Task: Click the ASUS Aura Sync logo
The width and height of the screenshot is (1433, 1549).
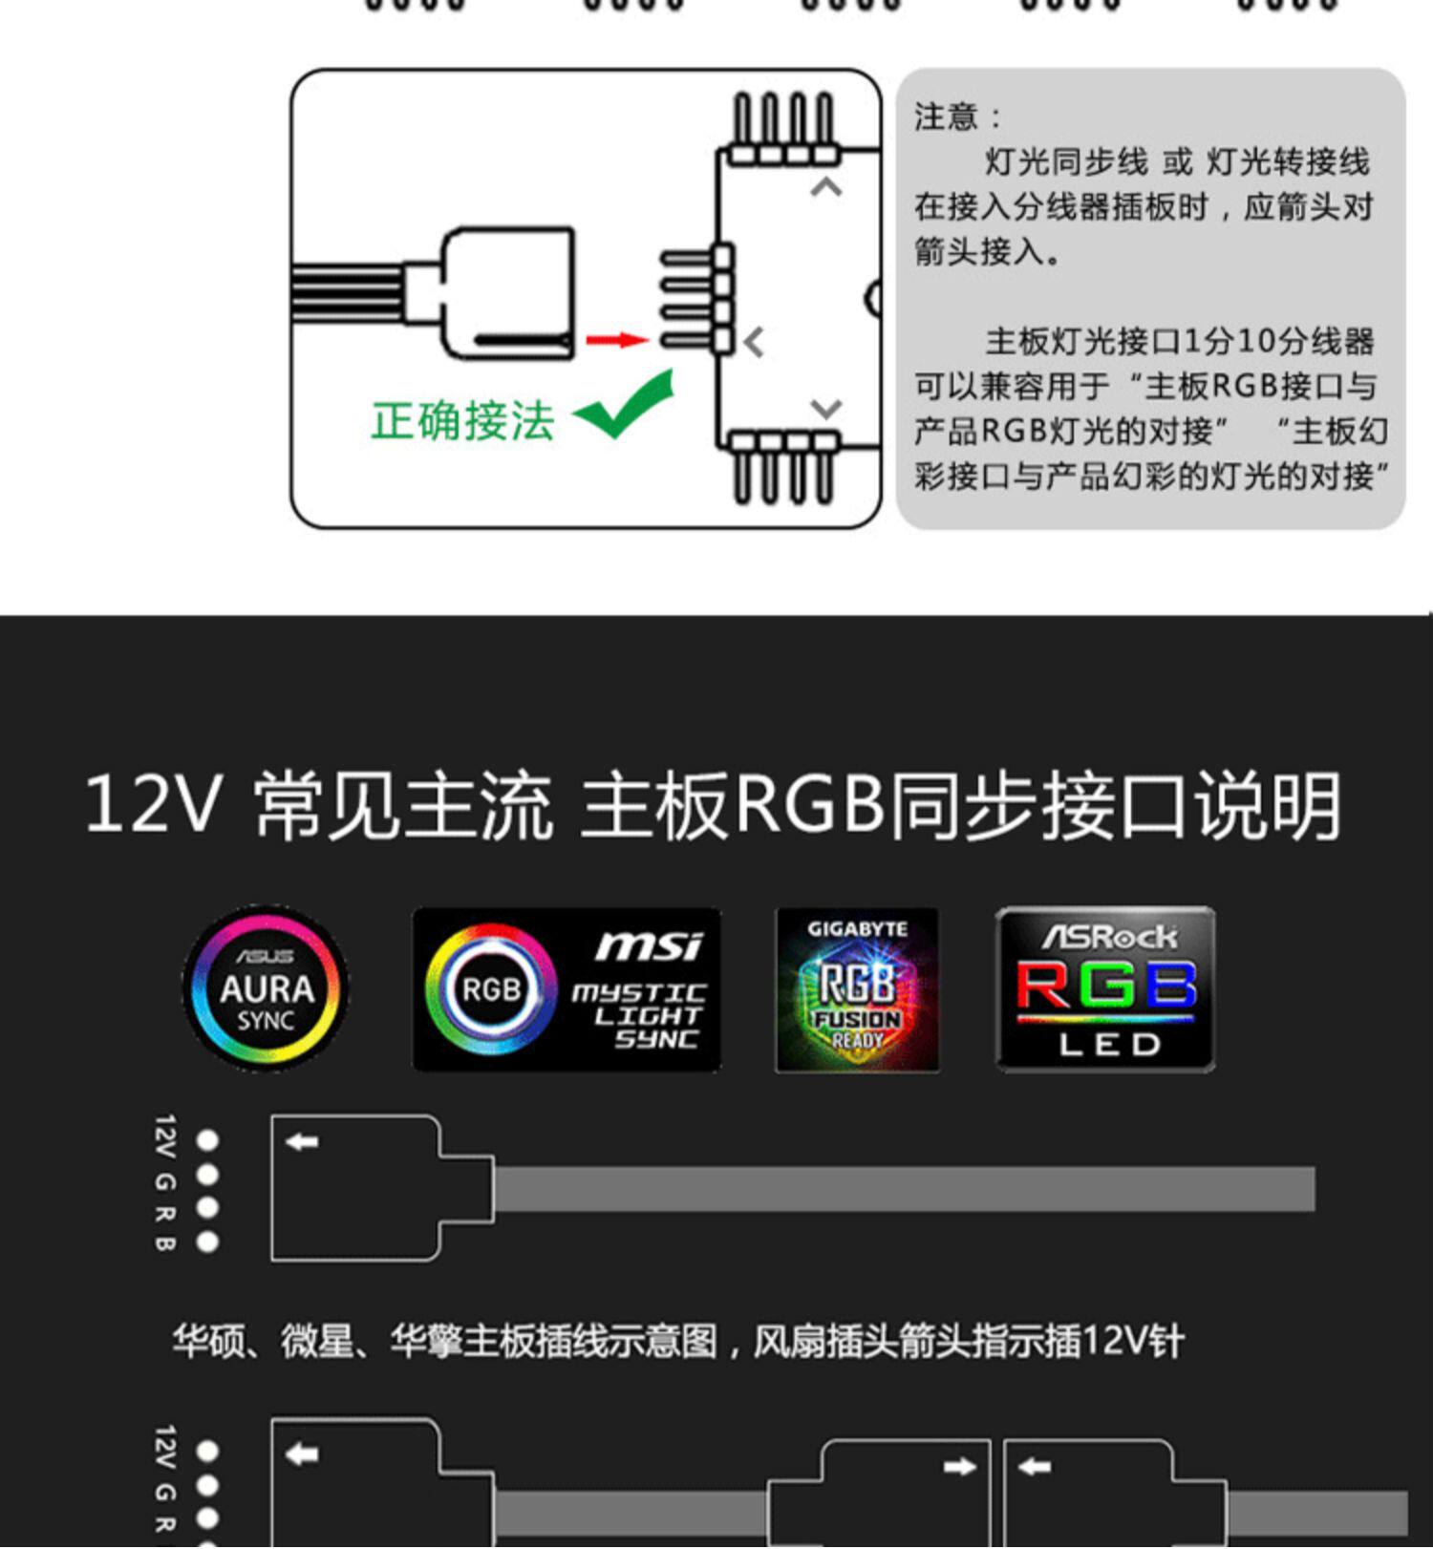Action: click(266, 988)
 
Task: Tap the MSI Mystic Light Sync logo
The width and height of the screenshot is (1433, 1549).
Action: click(567, 989)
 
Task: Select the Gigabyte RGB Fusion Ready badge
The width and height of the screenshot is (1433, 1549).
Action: click(857, 989)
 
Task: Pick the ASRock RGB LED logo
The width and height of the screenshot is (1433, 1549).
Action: click(1105, 989)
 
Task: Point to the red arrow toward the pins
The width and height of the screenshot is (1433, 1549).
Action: click(616, 340)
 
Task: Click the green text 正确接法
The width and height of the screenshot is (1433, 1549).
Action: click(462, 420)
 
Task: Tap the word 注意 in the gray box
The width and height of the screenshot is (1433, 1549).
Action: click(946, 117)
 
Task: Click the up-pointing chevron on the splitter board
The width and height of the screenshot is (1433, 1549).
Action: click(826, 187)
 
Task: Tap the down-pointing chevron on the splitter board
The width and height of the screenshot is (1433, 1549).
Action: click(826, 409)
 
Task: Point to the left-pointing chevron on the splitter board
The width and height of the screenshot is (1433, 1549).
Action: click(755, 342)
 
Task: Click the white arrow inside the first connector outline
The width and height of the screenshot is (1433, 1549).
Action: click(303, 1141)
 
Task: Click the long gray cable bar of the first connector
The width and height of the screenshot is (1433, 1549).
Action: click(903, 1189)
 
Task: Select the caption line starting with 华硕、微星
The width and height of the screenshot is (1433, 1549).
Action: click(678, 1342)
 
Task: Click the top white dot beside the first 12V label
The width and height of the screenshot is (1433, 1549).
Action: click(207, 1140)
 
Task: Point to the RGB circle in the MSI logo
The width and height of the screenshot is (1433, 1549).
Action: click(491, 989)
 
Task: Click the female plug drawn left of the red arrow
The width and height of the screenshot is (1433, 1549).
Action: click(506, 294)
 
